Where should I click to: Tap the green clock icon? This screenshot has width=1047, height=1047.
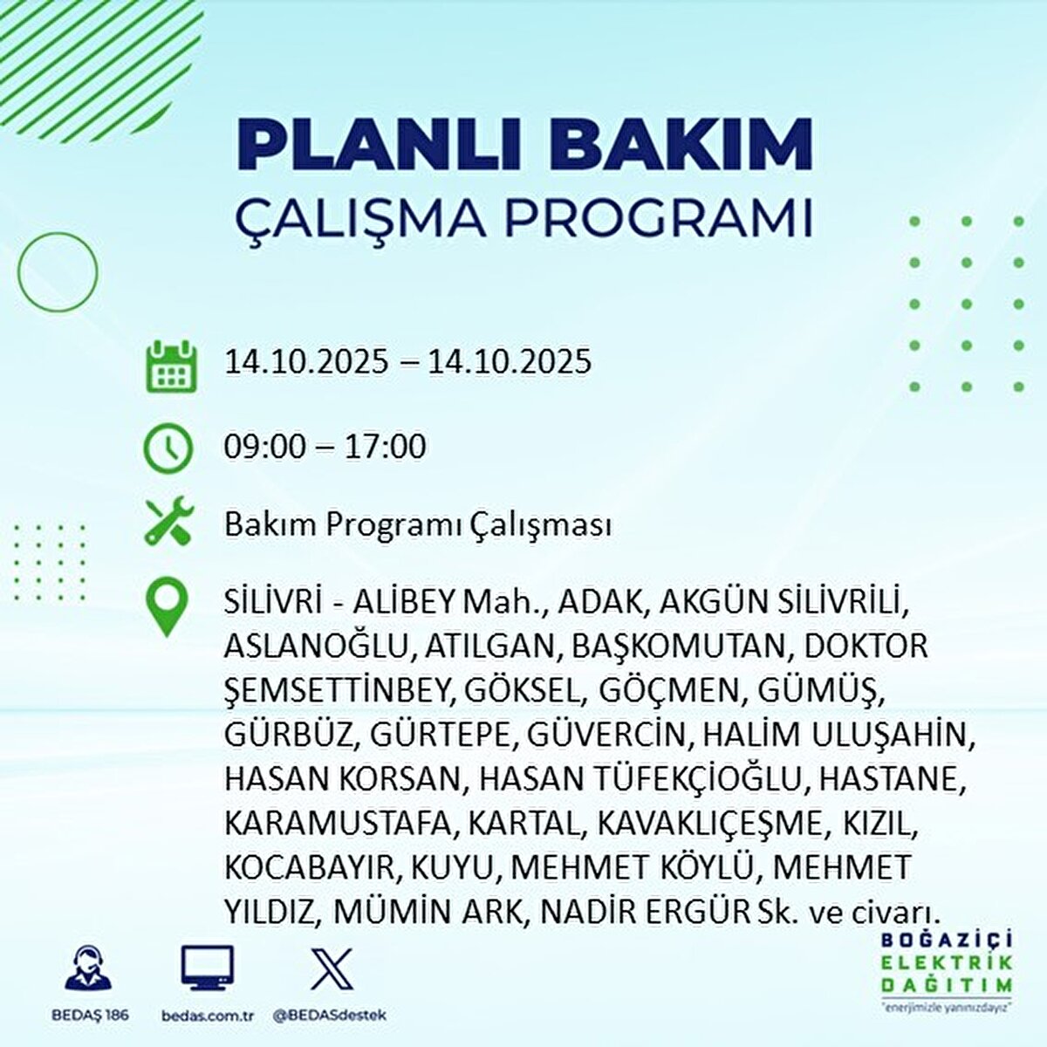click(168, 448)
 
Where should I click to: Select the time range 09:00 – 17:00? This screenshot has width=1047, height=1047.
click(325, 447)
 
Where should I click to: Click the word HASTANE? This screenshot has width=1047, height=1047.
click(891, 779)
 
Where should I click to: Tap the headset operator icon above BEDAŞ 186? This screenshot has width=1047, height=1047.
click(88, 968)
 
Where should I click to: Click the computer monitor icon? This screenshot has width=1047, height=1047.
click(207, 968)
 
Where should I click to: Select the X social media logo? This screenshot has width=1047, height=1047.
click(331, 968)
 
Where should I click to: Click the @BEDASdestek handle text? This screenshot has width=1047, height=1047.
click(330, 1016)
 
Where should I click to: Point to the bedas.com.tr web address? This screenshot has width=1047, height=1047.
click(207, 1016)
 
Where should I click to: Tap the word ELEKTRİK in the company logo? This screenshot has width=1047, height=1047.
click(946, 963)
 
